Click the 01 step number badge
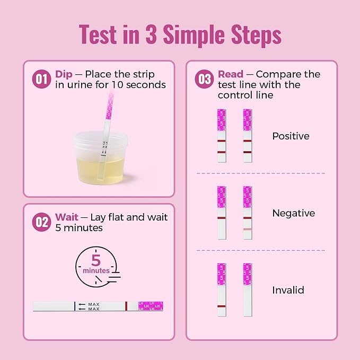tap(41, 79)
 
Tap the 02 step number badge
tap(41, 222)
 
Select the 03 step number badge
tap(204, 79)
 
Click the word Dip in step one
tap(64, 74)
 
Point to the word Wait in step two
tap(67, 217)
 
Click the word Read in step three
tap(231, 74)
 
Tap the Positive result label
tap(291, 136)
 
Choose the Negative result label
tap(293, 213)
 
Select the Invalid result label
tap(288, 291)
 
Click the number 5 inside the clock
tap(96, 260)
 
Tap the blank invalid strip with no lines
tap(248, 290)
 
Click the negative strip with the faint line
tap(248, 213)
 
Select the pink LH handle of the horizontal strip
tap(150, 306)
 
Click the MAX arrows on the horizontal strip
tap(88, 306)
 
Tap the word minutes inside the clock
tap(96, 271)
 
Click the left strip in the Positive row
tap(222, 136)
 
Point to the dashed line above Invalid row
tap(261, 250)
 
